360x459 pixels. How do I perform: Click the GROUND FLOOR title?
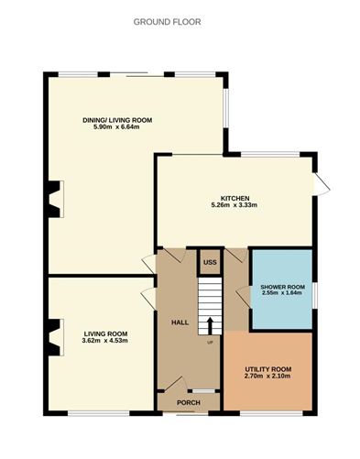(168, 21)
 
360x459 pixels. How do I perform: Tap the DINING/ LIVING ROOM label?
(116, 119)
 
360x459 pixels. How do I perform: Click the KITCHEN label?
(235, 198)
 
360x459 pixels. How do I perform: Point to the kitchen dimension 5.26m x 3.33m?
(235, 205)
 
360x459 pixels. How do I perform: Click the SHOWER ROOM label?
(283, 287)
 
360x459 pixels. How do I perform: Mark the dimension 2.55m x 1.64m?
(283, 294)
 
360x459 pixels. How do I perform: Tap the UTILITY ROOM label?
(267, 368)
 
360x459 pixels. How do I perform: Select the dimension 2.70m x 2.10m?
(267, 376)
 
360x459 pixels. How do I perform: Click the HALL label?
(179, 322)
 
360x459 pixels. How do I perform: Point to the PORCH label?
(188, 401)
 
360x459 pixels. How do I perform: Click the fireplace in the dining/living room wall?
(55, 198)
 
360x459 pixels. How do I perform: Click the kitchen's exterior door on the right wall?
(320, 182)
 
